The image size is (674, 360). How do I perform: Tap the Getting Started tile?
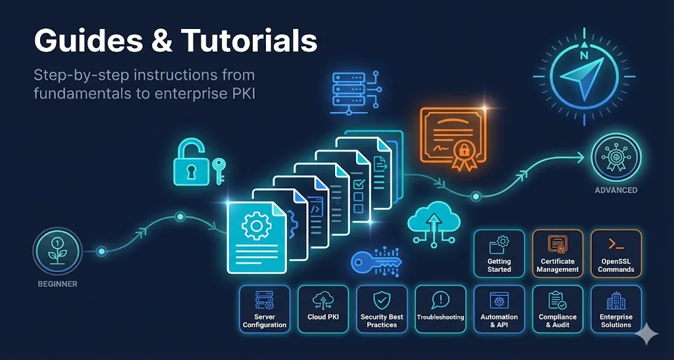pyautogui.click(x=499, y=253)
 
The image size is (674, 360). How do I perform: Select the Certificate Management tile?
pyautogui.click(x=557, y=253)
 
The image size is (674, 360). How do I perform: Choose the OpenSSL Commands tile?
pyautogui.click(x=616, y=253)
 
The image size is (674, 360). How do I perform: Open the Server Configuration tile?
pyautogui.click(x=265, y=309)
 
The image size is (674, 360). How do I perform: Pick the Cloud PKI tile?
pyautogui.click(x=323, y=309)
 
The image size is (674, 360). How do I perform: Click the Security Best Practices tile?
pyautogui.click(x=382, y=309)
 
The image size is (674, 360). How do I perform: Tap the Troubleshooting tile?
pyautogui.click(x=440, y=309)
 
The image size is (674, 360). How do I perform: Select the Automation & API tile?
pyautogui.click(x=499, y=309)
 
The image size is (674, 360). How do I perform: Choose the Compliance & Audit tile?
pyautogui.click(x=557, y=309)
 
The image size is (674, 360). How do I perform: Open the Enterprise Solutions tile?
pyautogui.click(x=616, y=309)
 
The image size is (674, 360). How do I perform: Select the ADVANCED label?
pyautogui.click(x=615, y=190)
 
